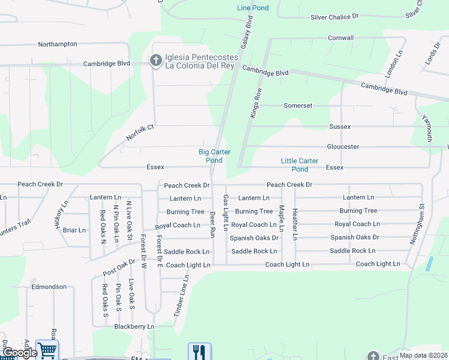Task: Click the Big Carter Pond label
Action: click(214, 156)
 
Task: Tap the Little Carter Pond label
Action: click(300, 164)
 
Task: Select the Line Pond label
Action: click(253, 8)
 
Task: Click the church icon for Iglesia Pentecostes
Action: click(155, 60)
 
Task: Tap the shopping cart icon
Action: click(47, 350)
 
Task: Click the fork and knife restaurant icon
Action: click(199, 352)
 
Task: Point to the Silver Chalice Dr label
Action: click(334, 17)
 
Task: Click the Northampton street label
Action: click(58, 44)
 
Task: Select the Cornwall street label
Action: click(340, 38)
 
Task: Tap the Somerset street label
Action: click(298, 106)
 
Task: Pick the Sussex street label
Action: click(340, 127)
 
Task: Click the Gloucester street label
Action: click(343, 146)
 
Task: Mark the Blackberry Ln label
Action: click(134, 326)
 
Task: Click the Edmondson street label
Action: click(49, 287)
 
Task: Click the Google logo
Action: click(20, 353)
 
